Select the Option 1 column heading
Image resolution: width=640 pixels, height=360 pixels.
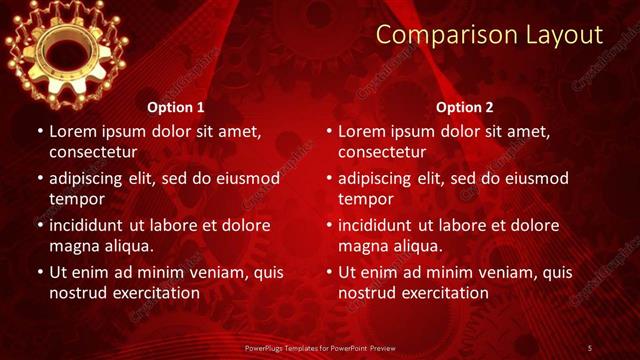(x=176, y=107)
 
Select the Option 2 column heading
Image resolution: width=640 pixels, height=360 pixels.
(x=465, y=107)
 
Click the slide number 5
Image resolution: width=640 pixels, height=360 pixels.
(x=589, y=347)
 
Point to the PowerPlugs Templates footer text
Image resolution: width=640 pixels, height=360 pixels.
(x=321, y=347)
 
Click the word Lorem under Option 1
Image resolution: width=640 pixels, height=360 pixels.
(x=73, y=131)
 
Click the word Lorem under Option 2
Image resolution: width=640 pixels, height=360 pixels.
(x=362, y=131)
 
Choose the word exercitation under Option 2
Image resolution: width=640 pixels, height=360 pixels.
(x=444, y=293)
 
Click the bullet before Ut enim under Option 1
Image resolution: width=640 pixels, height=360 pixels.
(x=39, y=272)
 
